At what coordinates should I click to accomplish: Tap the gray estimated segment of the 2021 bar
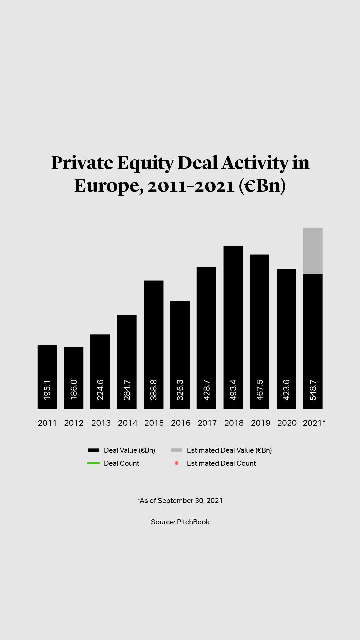click(313, 251)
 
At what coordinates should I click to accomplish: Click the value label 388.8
click(153, 390)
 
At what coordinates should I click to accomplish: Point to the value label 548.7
click(313, 390)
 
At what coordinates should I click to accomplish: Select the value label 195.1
click(47, 390)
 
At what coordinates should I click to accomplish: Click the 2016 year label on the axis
click(180, 423)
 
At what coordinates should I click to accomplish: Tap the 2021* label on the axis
click(314, 423)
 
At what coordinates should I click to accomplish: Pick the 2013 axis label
click(101, 423)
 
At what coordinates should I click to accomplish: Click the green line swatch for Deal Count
click(93, 463)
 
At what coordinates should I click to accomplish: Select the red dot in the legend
click(176, 463)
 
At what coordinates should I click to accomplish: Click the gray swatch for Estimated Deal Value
click(176, 450)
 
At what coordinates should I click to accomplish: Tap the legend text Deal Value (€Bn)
click(129, 450)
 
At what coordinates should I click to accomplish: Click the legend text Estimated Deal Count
click(221, 463)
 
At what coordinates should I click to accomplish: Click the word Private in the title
click(82, 163)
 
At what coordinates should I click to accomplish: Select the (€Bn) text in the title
click(262, 186)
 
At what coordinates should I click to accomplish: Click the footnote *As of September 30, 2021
click(180, 500)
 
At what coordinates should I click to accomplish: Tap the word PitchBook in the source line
click(193, 522)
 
